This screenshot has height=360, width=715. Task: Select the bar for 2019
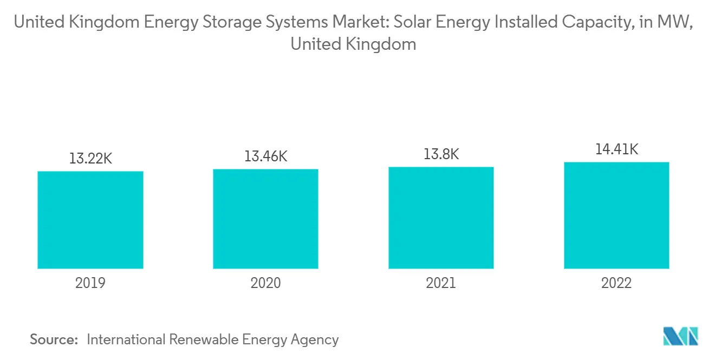[90, 220]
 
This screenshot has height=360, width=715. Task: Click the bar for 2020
[265, 219]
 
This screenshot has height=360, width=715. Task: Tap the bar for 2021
[441, 218]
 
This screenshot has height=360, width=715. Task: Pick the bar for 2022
[616, 215]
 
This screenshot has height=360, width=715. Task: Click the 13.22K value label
[90, 159]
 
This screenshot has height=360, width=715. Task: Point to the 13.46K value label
[265, 156]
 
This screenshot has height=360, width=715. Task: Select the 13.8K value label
[441, 154]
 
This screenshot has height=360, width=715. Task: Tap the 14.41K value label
[616, 149]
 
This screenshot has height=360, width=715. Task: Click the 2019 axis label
[90, 283]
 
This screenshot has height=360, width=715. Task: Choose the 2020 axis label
[265, 283]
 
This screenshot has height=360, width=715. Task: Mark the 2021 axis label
[441, 283]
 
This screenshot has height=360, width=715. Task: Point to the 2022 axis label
[616, 283]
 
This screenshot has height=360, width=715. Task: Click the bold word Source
[54, 339]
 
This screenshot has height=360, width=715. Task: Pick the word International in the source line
[126, 339]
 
